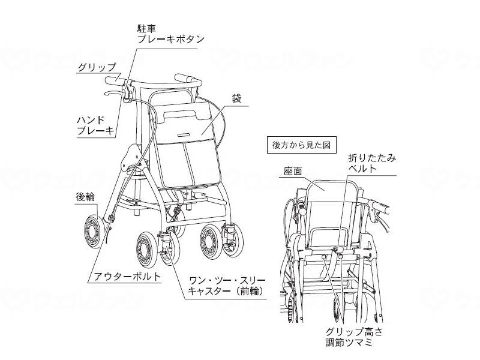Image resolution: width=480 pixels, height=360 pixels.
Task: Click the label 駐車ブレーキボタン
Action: click(170, 33)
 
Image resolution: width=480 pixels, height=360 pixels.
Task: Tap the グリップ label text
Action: click(96, 67)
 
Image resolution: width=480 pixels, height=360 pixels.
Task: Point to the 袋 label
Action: click(236, 98)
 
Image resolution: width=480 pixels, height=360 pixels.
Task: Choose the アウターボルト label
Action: click(125, 277)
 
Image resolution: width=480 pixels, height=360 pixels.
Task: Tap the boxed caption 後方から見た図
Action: click(301, 145)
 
